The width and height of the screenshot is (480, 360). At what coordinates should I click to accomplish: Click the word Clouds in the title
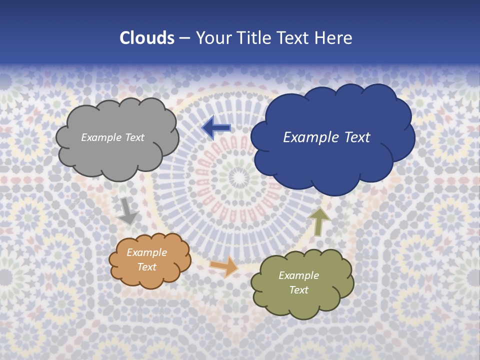(x=146, y=38)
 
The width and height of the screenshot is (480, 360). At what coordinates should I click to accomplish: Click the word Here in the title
(x=333, y=38)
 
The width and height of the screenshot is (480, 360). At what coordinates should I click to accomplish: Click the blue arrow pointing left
(x=216, y=128)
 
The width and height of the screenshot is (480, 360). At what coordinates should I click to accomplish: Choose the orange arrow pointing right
(x=224, y=266)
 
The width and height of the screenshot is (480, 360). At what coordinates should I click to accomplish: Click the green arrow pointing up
(x=319, y=221)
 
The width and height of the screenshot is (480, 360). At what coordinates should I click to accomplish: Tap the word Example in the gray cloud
(x=100, y=137)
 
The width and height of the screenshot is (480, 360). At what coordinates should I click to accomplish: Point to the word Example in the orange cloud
(x=146, y=253)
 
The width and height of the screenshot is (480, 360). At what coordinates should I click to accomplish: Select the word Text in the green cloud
(x=298, y=290)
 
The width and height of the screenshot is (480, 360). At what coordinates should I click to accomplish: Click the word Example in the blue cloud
(x=310, y=137)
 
